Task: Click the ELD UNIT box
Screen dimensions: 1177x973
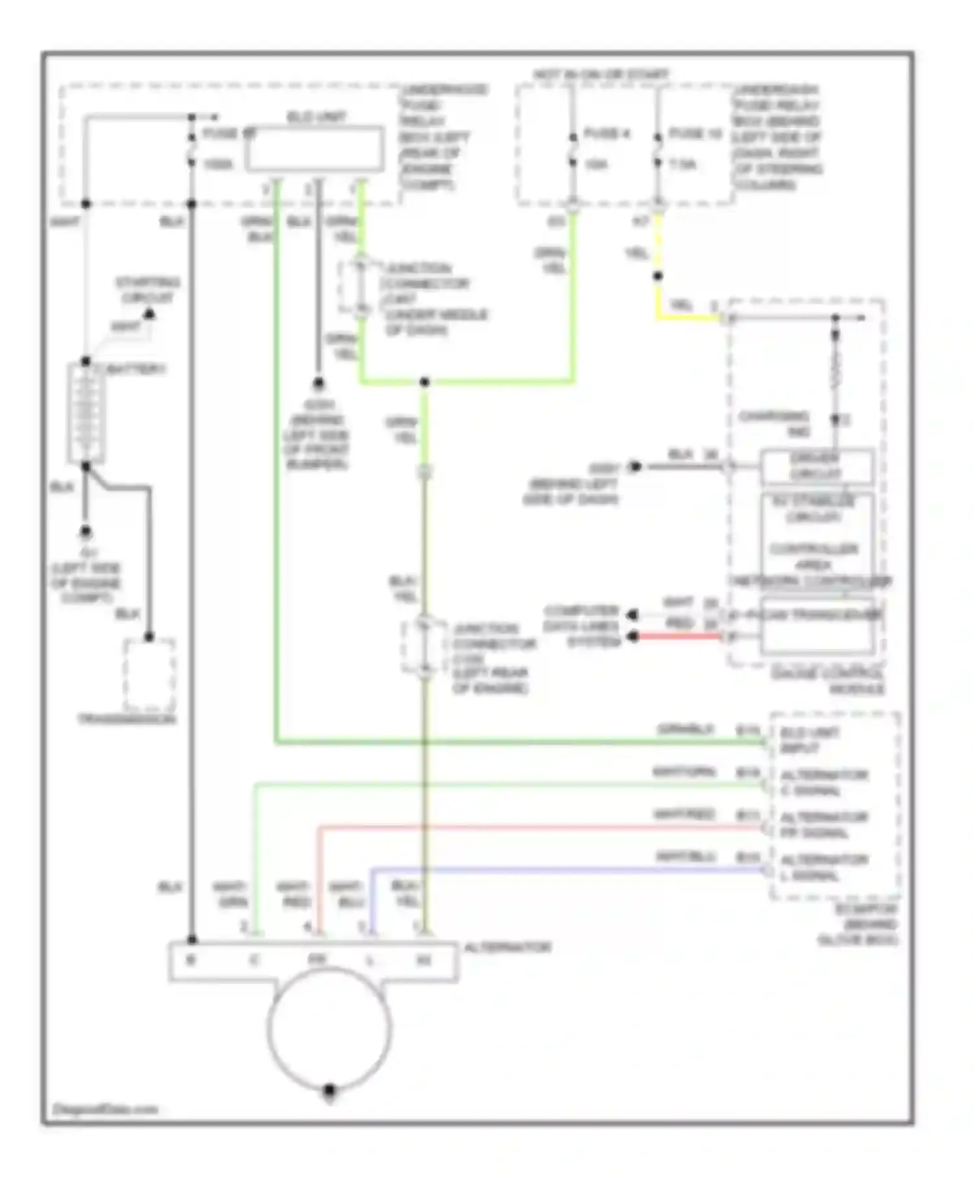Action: (x=314, y=149)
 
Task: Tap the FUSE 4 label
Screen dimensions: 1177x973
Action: (x=607, y=133)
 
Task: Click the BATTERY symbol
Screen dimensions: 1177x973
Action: (x=86, y=413)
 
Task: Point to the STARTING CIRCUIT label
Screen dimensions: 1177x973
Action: (x=147, y=290)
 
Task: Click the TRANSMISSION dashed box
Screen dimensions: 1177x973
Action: (x=149, y=675)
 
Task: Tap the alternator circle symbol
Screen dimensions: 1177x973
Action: (x=329, y=1028)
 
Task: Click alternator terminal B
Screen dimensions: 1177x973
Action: (x=191, y=960)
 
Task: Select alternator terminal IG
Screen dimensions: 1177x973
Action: (x=423, y=960)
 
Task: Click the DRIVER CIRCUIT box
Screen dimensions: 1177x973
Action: (x=816, y=466)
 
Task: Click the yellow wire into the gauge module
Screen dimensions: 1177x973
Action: (x=688, y=318)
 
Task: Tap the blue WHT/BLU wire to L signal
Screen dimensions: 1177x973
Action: (x=564, y=869)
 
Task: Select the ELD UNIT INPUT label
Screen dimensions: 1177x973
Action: (x=808, y=740)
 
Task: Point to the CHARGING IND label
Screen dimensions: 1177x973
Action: (x=774, y=423)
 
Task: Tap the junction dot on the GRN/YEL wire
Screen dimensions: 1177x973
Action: (x=424, y=382)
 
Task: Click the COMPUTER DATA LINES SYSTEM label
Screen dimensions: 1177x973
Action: (x=581, y=626)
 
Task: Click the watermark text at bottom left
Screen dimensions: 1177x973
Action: (x=104, y=1109)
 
